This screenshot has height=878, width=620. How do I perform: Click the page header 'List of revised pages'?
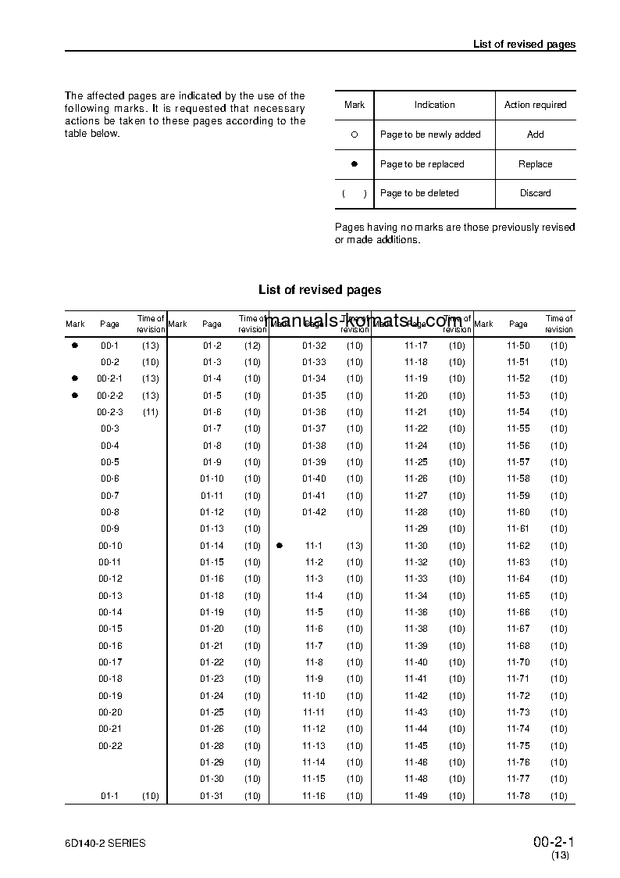point(524,44)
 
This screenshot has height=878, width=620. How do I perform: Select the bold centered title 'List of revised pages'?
point(319,290)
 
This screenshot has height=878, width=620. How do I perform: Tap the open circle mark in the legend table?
point(354,134)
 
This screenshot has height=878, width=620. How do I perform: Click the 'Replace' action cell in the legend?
point(535,164)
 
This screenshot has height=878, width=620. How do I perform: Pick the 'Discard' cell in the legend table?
point(535,193)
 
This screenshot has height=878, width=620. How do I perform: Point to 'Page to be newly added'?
point(430,134)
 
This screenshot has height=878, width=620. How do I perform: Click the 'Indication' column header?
point(434,105)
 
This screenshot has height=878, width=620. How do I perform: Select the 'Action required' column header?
point(535,105)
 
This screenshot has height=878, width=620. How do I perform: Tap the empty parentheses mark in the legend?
point(354,193)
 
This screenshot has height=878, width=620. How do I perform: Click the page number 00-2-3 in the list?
point(110,412)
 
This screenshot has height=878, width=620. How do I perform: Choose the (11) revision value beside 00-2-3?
point(151,412)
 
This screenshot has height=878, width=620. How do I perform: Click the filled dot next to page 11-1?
point(279,546)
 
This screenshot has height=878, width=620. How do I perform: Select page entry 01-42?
point(314,512)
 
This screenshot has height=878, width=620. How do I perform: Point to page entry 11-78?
point(518,796)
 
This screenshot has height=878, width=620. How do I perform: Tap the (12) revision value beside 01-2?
point(252,346)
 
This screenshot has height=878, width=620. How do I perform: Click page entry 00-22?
point(110,746)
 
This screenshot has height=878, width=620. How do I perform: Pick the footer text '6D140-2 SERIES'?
point(105,843)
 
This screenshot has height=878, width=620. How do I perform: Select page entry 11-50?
point(518,346)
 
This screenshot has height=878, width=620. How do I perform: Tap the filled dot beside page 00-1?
point(75,345)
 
